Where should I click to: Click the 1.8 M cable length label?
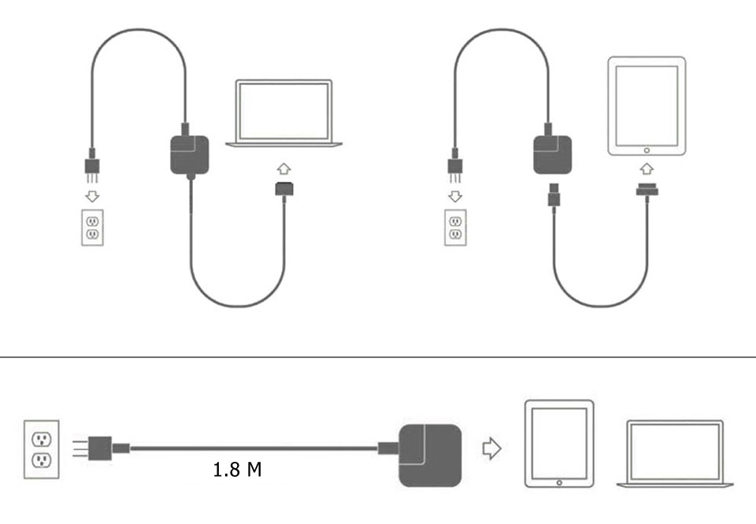coord(237,470)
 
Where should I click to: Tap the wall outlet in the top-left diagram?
coord(92,227)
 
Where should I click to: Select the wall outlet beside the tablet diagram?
coord(454,227)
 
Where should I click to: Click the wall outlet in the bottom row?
coord(42,450)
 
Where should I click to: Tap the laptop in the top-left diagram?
coord(284,113)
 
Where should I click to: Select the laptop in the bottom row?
coord(675,454)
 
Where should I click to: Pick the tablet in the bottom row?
coord(559,444)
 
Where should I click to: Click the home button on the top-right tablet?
coord(647,149)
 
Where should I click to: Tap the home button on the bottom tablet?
coord(559,482)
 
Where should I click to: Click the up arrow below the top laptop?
coord(284,169)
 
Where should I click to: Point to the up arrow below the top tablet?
coord(647,168)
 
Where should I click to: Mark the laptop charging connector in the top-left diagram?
coord(284,189)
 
